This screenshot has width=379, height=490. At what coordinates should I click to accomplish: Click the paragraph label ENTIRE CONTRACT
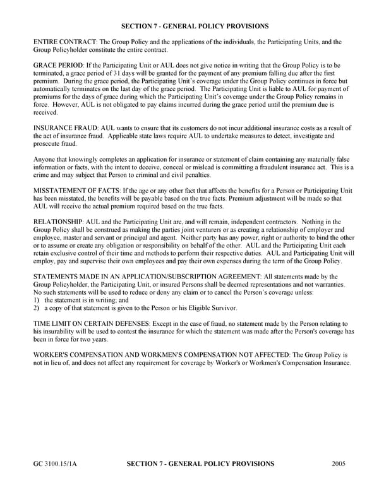tap(62, 42)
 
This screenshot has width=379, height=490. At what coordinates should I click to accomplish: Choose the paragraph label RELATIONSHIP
tap(60, 222)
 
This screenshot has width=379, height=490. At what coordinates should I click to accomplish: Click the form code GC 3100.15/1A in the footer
tap(56, 464)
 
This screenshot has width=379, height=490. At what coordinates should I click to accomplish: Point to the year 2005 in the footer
tap(338, 464)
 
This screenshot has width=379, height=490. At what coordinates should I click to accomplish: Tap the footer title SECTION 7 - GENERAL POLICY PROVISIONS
tap(200, 464)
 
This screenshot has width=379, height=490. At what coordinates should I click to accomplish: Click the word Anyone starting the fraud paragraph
tap(44, 160)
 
